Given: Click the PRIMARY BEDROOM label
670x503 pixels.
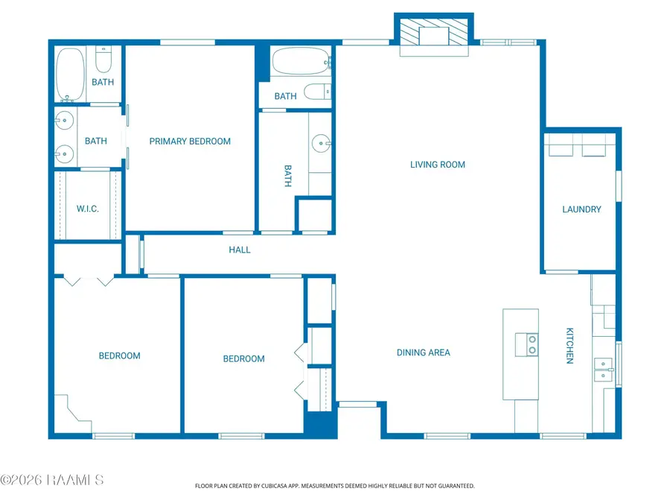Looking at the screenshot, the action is point(190,141).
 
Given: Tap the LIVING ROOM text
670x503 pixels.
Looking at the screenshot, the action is point(438,165).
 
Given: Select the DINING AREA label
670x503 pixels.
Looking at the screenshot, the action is point(424,352).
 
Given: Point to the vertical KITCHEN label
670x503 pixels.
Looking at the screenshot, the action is point(569,346).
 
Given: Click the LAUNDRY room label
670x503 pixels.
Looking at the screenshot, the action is point(581,209).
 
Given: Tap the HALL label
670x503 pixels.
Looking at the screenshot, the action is point(239,250).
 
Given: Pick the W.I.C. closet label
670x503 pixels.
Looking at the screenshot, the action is point(88,209).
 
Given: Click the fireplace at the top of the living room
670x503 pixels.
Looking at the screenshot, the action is point(434,32).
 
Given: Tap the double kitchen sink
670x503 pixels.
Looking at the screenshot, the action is point(604,370).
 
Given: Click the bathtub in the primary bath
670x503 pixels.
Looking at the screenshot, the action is point(70,75).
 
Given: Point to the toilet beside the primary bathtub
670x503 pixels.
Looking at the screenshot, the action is point(103,60).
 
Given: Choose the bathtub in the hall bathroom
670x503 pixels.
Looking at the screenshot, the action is point(301,61).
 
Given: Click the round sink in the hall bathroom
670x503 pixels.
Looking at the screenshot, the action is point(322,143).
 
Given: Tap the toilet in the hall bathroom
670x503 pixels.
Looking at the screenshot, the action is point(317,92).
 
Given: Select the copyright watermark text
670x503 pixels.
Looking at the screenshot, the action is point(51,480).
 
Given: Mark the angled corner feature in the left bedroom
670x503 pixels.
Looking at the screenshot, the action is point(73,413).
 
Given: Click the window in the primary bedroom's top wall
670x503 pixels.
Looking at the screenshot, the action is point(187,42).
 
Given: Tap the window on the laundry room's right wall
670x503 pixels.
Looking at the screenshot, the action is point(619,186).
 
